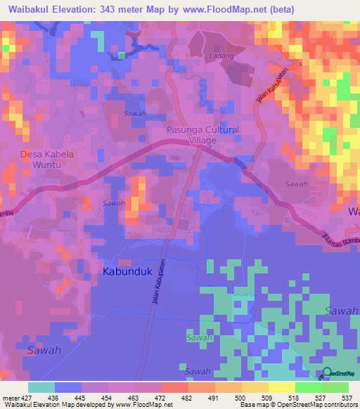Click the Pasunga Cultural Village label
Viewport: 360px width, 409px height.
202,135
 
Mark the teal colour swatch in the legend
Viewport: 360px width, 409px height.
41,387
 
